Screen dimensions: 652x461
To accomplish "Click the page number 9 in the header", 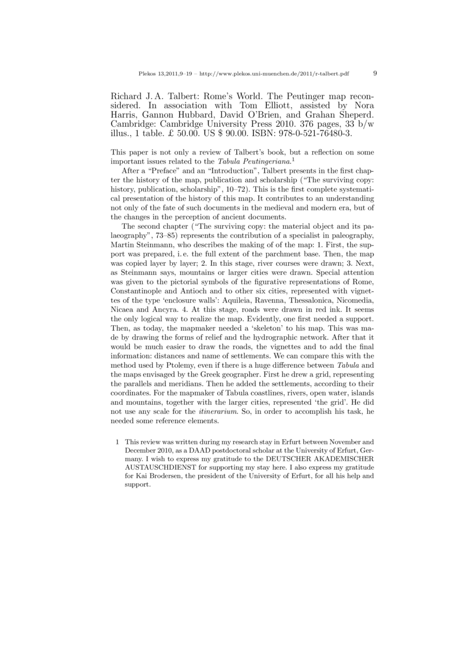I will tap(375, 74).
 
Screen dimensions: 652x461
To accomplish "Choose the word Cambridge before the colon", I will tap(134, 123).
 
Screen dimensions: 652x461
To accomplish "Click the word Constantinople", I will tap(142, 291).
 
